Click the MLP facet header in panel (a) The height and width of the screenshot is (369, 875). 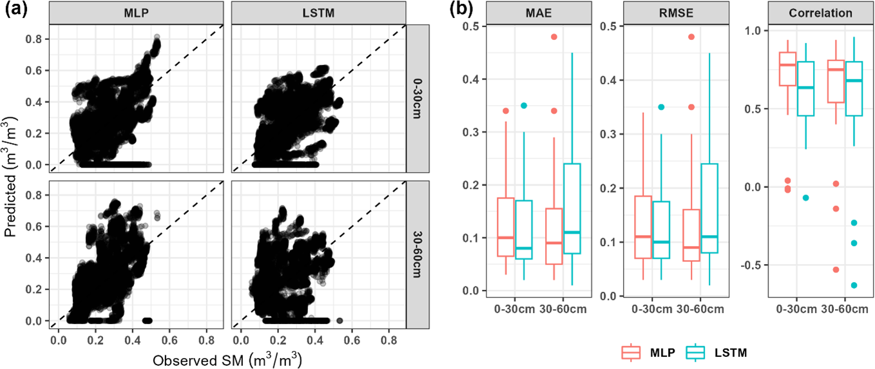pyautogui.click(x=137, y=13)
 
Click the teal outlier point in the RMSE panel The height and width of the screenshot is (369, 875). pyautogui.click(x=660, y=107)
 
